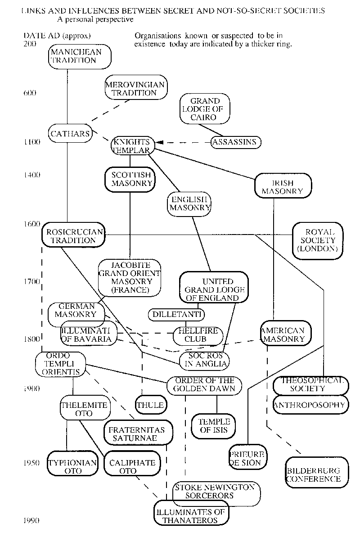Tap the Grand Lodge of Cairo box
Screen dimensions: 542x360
205,109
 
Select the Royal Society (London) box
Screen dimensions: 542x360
317,240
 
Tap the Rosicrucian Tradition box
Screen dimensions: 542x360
74,236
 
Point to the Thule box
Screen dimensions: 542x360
150,405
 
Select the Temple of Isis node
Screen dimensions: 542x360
214,425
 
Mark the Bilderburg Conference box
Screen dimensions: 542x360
313,474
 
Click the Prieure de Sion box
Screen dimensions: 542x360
247,458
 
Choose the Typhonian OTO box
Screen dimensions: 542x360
73,466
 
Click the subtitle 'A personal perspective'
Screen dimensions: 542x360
95,20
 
